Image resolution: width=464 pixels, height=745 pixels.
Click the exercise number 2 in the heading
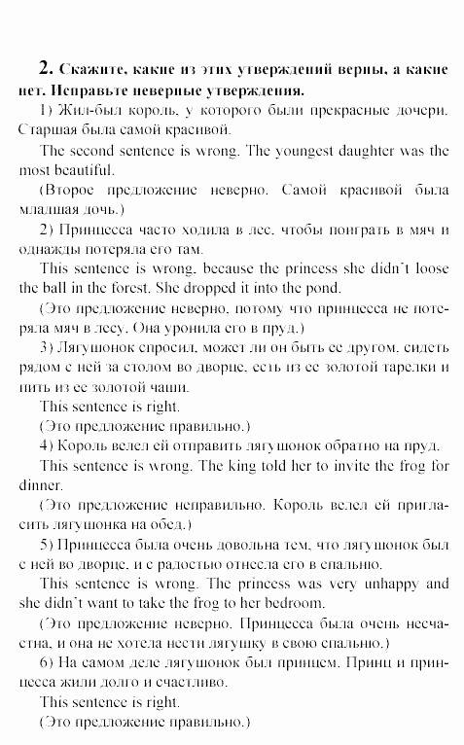coord(43,69)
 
